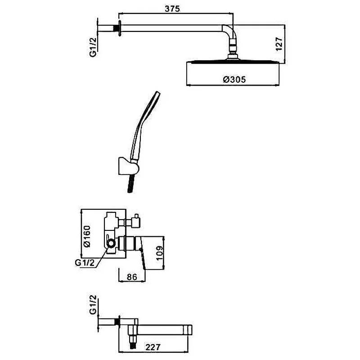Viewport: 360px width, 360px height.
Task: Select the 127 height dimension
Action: (279, 44)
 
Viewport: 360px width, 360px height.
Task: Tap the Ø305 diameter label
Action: (234, 80)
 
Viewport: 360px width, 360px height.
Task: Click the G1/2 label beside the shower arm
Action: (93, 47)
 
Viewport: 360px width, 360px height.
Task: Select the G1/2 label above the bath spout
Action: (93, 305)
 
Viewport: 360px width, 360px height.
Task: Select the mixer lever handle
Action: (143, 256)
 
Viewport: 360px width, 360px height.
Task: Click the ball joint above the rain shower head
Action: (233, 50)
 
